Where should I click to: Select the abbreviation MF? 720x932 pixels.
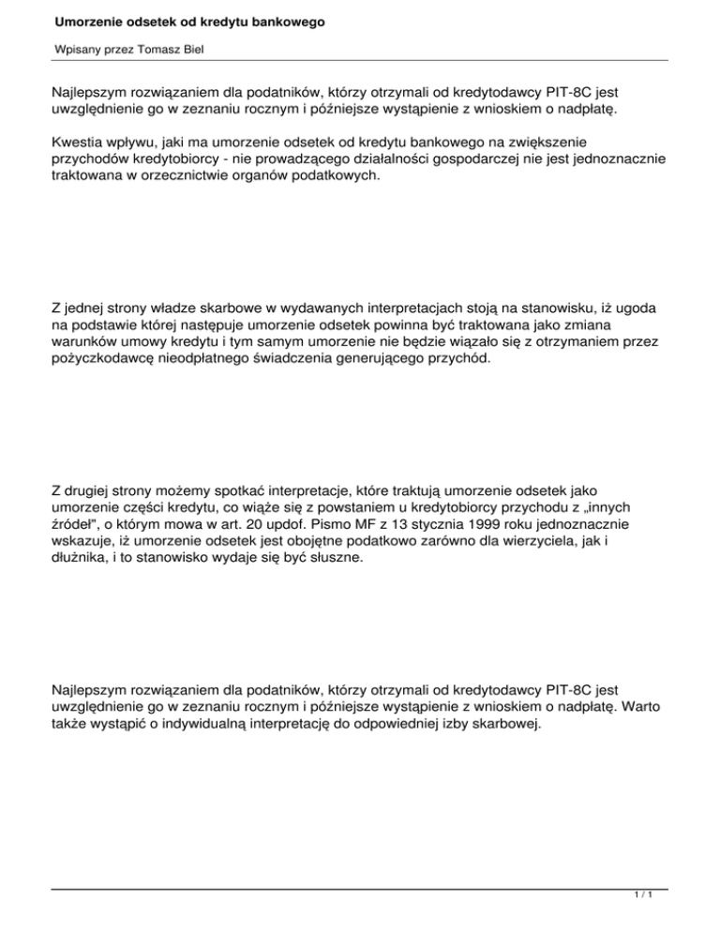(x=313, y=528)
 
